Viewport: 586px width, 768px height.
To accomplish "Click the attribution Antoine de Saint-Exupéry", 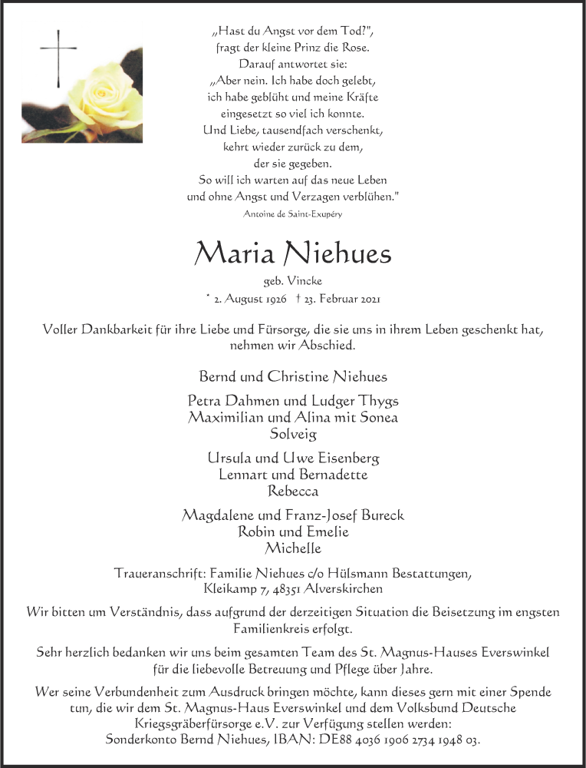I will click(x=292, y=214).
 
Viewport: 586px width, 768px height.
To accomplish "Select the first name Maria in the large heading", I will click(x=235, y=253).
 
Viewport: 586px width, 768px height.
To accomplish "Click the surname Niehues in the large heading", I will click(x=337, y=253).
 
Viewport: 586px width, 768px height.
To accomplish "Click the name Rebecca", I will click(x=292, y=490).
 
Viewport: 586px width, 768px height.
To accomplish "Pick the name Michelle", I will click(x=292, y=548).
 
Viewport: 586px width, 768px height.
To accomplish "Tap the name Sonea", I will click(x=377, y=417).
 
